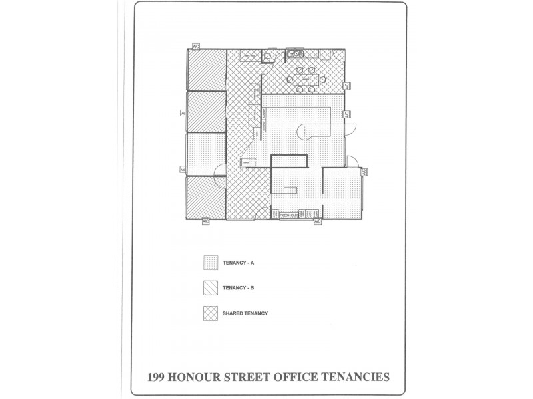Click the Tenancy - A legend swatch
pos(210,263)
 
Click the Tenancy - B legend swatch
pos(210,288)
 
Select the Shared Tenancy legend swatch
pos(210,313)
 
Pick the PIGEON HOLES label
pos(286,215)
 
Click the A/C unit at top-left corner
pos(196,47)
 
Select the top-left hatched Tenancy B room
pos(205,69)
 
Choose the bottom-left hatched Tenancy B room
pos(205,197)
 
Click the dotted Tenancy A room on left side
pos(205,154)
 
